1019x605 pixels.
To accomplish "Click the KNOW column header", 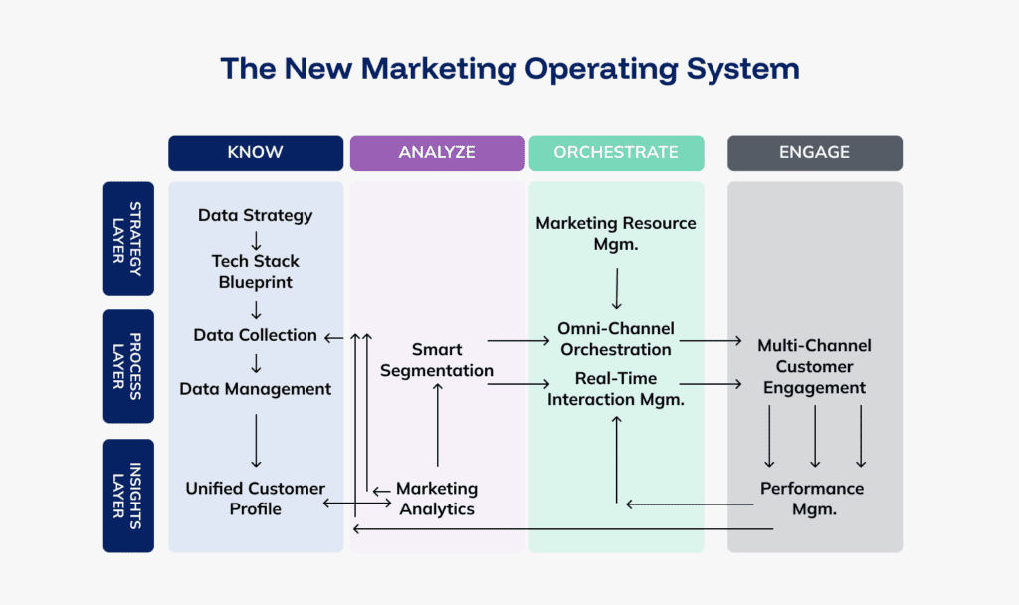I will pyautogui.click(x=256, y=153).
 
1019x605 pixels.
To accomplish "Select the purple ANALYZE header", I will pyautogui.click(x=437, y=153).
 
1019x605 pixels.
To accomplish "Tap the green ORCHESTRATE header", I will pyautogui.click(x=616, y=153).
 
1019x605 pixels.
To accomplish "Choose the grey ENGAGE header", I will pyautogui.click(x=815, y=153).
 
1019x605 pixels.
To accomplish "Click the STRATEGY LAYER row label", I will pyautogui.click(x=128, y=238).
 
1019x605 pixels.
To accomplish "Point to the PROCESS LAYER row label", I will pyautogui.click(x=128, y=366).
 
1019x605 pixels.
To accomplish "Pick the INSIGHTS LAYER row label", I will pyautogui.click(x=128, y=496).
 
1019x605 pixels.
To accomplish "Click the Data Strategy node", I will pyautogui.click(x=256, y=215).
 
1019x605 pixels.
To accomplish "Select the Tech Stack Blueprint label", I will pyautogui.click(x=256, y=271).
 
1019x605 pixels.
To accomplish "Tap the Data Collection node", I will pyautogui.click(x=256, y=335).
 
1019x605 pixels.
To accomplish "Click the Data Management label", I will pyautogui.click(x=256, y=389).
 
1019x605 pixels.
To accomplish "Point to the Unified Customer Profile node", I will pyautogui.click(x=256, y=499).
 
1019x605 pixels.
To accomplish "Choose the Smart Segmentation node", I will pyautogui.click(x=438, y=360).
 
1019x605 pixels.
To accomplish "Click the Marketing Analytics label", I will pyautogui.click(x=437, y=499).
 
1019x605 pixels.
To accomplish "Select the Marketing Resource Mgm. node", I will pyautogui.click(x=616, y=234).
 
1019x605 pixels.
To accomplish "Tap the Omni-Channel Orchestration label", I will pyautogui.click(x=616, y=339).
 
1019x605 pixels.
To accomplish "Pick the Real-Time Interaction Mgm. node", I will pyautogui.click(x=616, y=389).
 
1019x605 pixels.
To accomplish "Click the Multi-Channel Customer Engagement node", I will pyautogui.click(x=815, y=367).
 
